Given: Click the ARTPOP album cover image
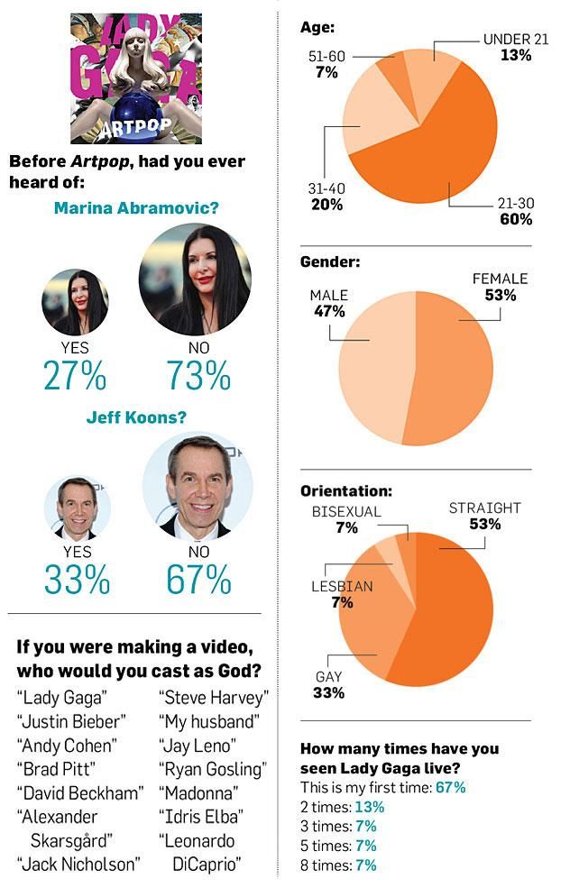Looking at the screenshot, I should click(x=135, y=78).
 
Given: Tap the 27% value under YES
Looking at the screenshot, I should click(x=75, y=374).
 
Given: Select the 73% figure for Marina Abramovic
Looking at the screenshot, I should click(x=198, y=374).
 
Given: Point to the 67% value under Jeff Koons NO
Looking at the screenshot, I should click(x=199, y=580).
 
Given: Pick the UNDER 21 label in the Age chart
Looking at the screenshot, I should click(x=506, y=40).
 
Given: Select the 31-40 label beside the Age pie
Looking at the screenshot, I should click(x=326, y=188).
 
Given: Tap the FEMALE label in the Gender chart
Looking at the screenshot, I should click(x=500, y=279).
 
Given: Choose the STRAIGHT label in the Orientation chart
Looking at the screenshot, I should click(x=485, y=509).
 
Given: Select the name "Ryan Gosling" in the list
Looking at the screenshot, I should click(x=213, y=769).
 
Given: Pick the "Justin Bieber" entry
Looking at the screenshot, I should click(x=71, y=721).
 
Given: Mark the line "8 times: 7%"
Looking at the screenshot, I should click(x=338, y=865).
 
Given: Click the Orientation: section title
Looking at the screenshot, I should click(x=345, y=491).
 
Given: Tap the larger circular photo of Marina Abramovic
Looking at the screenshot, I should click(x=196, y=279).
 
